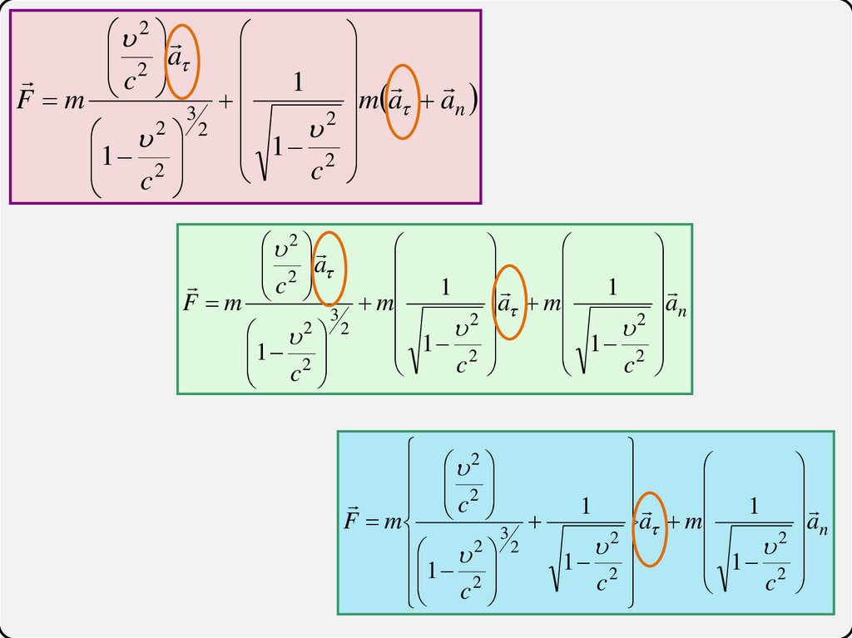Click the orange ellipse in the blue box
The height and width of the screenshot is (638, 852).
pos(649,527)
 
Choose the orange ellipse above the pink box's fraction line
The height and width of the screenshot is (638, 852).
pos(182,62)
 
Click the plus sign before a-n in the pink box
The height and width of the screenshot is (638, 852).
pos(428,102)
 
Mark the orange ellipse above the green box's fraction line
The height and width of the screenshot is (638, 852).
pos(329,268)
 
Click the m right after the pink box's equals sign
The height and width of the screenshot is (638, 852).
pos(74,103)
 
